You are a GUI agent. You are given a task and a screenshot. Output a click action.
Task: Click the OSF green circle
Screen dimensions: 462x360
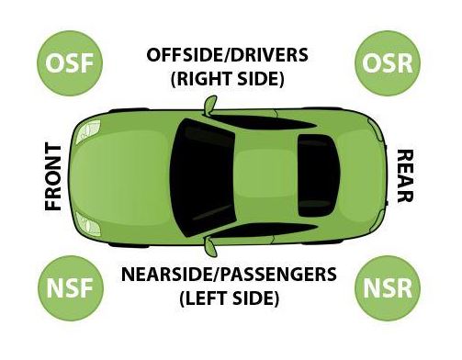(70, 63)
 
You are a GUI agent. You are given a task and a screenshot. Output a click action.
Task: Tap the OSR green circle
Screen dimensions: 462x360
(388, 63)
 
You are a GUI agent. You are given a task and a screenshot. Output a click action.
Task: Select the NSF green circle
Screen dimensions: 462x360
(71, 288)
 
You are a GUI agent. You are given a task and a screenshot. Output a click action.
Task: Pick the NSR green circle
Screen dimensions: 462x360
(388, 288)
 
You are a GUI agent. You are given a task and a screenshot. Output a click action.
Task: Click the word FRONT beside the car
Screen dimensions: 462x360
(53, 177)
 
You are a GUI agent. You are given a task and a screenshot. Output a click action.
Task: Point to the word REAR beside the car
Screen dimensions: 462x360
(405, 176)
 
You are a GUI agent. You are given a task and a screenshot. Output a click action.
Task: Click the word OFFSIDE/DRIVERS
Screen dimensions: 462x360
(227, 55)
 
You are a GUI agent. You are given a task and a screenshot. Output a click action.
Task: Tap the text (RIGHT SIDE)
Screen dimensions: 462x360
(227, 79)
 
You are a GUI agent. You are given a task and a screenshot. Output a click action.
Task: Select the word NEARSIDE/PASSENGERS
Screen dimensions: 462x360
(229, 275)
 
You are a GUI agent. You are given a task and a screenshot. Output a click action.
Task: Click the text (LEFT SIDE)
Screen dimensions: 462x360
(229, 298)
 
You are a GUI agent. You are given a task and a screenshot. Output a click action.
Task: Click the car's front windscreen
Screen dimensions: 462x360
(202, 177)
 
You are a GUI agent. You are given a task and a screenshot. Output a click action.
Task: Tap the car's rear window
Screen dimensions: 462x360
(319, 175)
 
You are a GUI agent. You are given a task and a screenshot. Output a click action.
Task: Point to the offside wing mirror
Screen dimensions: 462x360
(210, 105)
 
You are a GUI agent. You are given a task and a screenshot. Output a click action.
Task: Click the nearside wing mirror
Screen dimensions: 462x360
(211, 246)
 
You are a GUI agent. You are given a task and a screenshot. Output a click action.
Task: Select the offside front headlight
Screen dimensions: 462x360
(88, 131)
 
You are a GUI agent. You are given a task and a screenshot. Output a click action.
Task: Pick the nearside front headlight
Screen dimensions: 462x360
(88, 224)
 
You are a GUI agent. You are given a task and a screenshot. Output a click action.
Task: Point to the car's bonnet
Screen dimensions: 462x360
(122, 177)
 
